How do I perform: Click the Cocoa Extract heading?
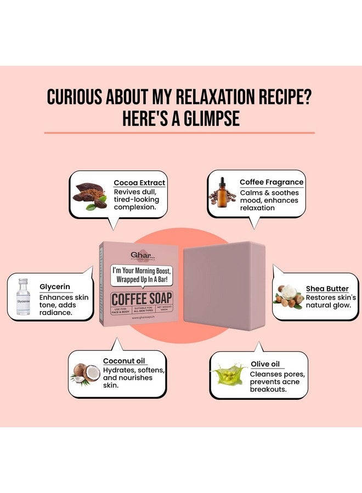139,183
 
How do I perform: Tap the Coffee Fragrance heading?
271,182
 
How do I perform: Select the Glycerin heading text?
55,286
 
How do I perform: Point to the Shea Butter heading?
327,289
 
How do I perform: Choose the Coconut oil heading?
124,360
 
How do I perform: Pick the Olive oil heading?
265,364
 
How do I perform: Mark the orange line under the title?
179,133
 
